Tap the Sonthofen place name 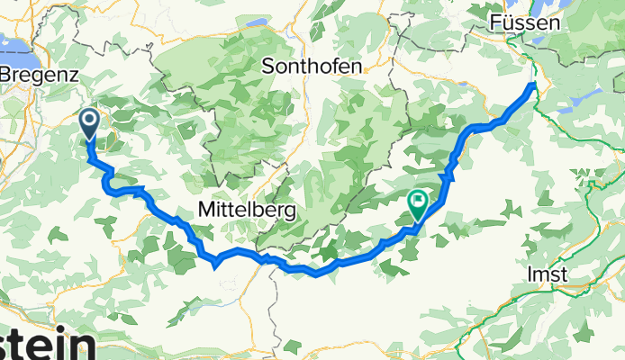(x=312, y=67)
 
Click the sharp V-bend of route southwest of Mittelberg (x=216, y=265)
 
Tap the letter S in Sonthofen (x=267, y=67)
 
